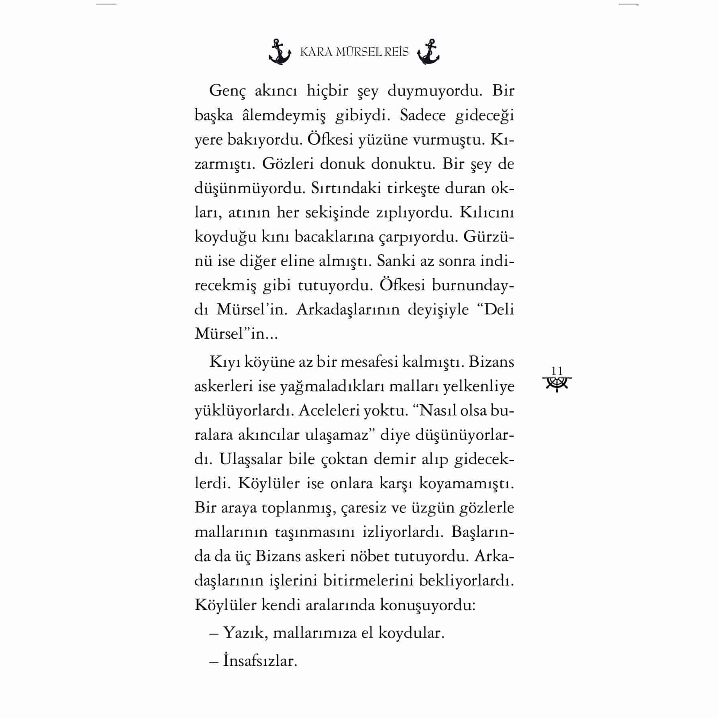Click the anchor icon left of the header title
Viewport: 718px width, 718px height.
(x=279, y=52)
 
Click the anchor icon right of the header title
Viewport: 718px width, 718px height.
(x=428, y=52)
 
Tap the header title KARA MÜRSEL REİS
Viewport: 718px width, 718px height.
(x=354, y=52)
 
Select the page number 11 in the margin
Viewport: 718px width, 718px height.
(x=557, y=371)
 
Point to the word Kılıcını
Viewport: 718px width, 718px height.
(x=486, y=213)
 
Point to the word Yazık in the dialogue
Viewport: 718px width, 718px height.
(x=246, y=633)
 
